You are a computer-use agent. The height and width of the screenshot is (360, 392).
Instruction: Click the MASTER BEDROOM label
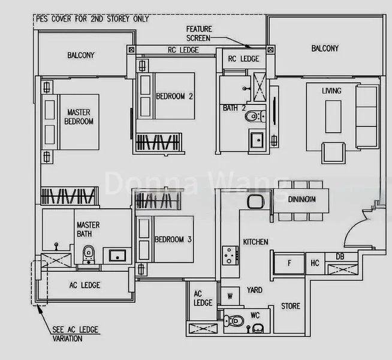click(80, 116)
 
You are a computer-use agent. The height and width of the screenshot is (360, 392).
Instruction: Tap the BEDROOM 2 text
click(174, 96)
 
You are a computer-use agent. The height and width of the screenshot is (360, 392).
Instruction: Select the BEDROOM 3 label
click(173, 239)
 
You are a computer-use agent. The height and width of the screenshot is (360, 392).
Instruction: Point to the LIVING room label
click(331, 91)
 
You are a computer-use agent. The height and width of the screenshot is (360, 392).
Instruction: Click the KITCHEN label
click(255, 242)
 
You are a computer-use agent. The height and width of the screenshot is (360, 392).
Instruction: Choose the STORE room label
click(291, 306)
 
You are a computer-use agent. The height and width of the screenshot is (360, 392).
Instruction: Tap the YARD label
click(255, 290)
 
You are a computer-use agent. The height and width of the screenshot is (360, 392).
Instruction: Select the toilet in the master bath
click(89, 253)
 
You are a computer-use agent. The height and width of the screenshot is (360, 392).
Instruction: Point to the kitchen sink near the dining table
click(254, 202)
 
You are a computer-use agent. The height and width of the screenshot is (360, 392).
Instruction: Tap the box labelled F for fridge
click(290, 262)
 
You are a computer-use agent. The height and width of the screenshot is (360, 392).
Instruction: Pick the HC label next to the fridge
click(315, 262)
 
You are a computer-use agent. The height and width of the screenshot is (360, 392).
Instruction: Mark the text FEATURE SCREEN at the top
click(199, 33)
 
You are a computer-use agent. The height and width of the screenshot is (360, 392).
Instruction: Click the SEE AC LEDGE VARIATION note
click(75, 334)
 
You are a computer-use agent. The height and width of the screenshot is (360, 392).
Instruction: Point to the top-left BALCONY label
click(80, 55)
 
